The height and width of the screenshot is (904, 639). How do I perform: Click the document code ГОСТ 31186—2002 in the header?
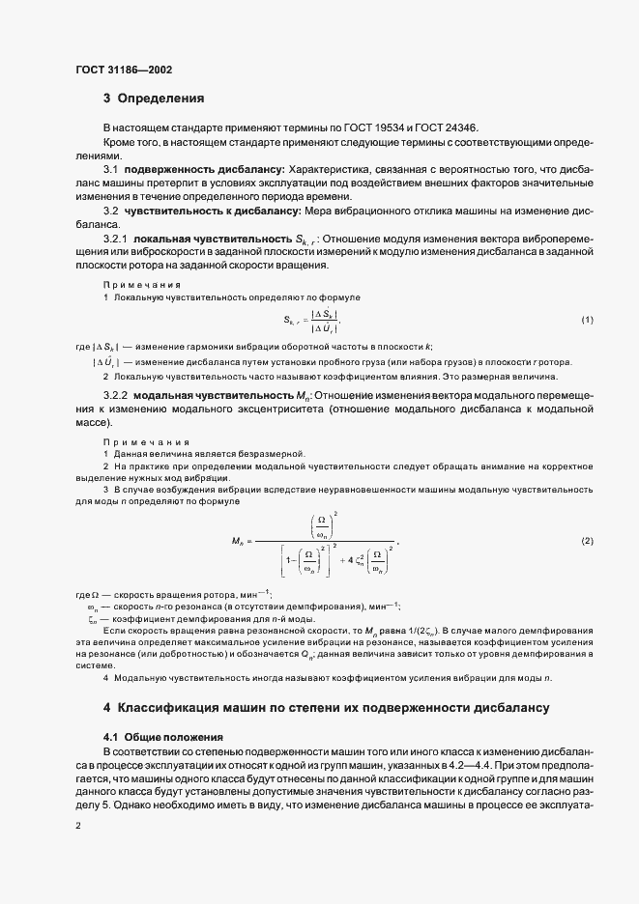[124, 68]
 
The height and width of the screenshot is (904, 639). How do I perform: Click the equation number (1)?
[587, 320]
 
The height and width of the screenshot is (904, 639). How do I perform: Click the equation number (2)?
[587, 540]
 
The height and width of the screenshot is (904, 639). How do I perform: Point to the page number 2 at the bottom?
[78, 828]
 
